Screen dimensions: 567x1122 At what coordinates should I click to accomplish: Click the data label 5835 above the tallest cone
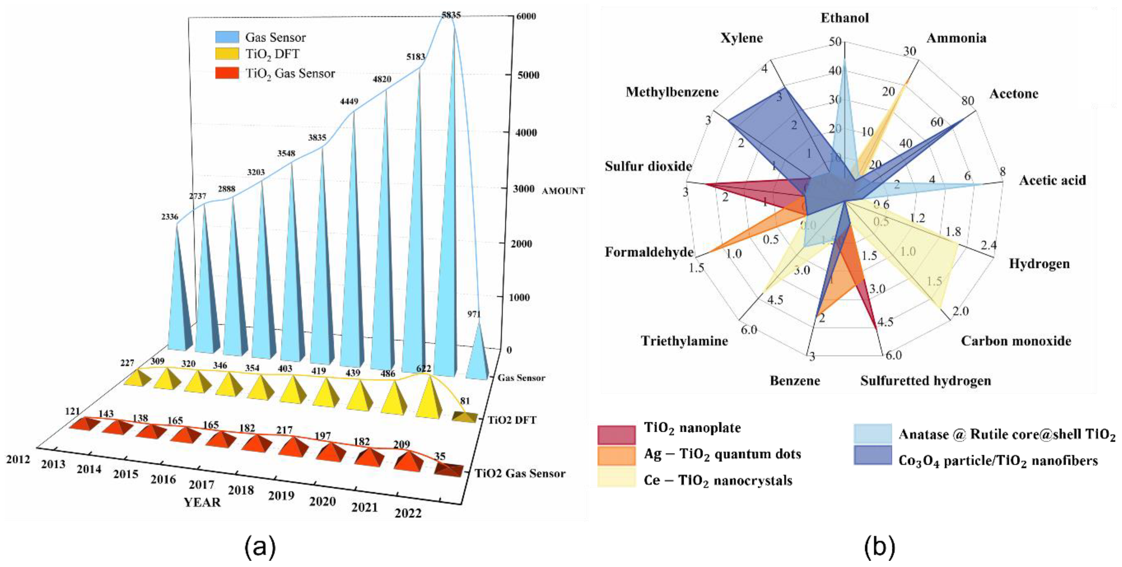point(451,15)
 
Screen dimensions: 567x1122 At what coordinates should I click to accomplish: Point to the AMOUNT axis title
point(563,191)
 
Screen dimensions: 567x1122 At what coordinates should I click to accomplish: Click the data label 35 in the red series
point(440,456)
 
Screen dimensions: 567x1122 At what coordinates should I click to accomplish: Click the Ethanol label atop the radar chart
point(845,18)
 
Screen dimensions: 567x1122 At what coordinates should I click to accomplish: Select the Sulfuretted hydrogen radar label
point(926,381)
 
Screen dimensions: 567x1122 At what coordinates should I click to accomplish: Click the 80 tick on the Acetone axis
point(967,101)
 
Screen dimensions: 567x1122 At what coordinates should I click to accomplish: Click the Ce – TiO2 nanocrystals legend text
point(718,480)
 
